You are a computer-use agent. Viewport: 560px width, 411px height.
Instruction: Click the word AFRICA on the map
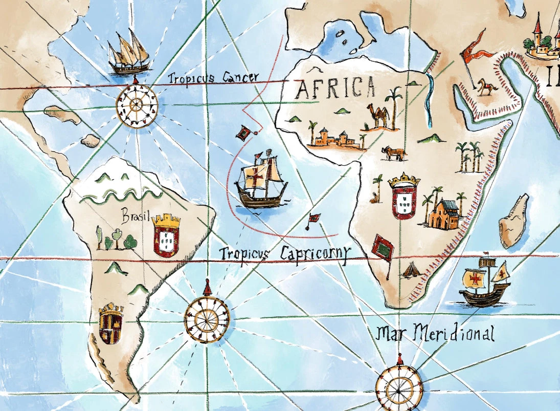[x=335, y=88]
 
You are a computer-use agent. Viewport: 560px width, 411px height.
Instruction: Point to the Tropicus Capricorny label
[x=285, y=253]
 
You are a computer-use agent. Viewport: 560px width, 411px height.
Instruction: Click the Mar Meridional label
[x=435, y=333]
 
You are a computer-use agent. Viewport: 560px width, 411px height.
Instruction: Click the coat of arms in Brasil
[x=166, y=236]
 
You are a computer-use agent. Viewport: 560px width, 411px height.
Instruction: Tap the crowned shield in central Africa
[x=404, y=197]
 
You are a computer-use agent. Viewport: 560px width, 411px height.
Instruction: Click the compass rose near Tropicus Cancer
[x=136, y=105]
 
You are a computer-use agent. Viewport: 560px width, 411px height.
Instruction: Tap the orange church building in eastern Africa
[x=443, y=214]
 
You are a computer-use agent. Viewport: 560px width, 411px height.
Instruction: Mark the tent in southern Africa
[x=410, y=270]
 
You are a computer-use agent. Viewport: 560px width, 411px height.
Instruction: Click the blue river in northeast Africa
[x=428, y=100]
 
